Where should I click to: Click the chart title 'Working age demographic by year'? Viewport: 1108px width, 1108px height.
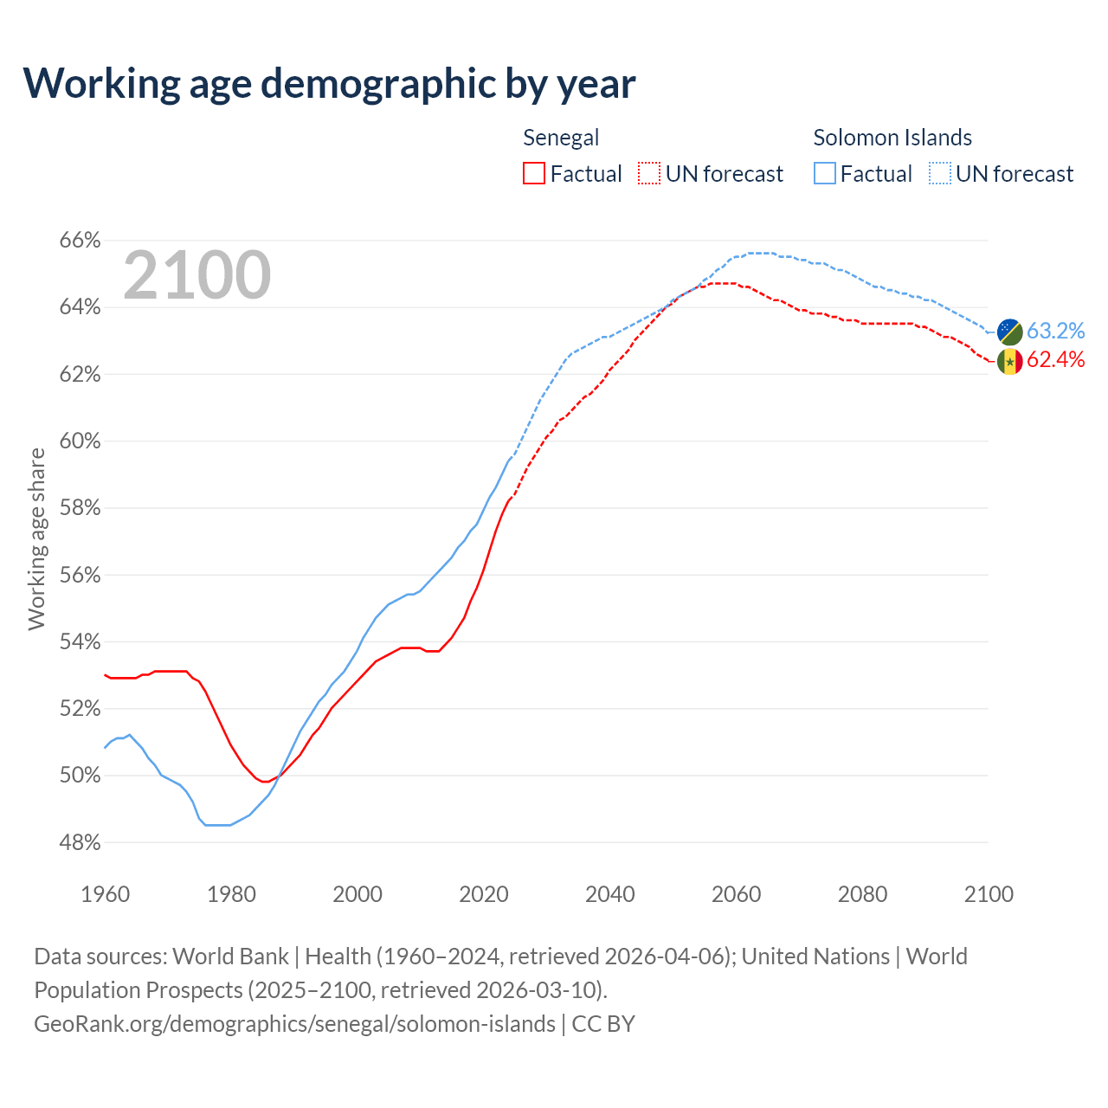pos(329,83)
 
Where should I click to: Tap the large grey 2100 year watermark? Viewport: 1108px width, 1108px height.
pos(197,275)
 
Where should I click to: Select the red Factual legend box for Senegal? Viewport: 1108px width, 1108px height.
pos(534,173)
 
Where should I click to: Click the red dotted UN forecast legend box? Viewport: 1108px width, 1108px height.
pos(649,173)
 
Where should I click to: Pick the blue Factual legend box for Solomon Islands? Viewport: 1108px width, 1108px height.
pos(825,173)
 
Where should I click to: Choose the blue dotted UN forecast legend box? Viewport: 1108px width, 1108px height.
pos(940,173)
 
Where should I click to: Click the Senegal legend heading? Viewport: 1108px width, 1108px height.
pos(561,138)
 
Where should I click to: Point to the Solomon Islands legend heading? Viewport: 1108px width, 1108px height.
pos(892,138)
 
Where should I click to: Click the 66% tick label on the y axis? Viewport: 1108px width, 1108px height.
pos(81,240)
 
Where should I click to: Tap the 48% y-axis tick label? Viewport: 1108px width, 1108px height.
pos(81,842)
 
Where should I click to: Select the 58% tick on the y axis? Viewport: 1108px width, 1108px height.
pos(81,508)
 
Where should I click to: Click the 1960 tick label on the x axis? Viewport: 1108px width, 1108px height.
pos(106,894)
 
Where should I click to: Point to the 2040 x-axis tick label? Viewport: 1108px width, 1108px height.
pos(610,894)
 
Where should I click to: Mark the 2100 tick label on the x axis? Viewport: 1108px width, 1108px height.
pos(989,894)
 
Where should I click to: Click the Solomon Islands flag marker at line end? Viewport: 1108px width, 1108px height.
pos(1009,332)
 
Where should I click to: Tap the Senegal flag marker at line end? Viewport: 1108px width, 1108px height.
pos(1009,361)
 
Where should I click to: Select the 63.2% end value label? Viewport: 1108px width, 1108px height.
pos(1056,331)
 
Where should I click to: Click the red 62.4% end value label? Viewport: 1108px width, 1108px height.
pos(1056,359)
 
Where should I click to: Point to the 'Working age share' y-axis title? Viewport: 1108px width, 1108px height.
pos(36,538)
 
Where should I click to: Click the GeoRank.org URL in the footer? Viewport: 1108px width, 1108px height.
pos(294,1023)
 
